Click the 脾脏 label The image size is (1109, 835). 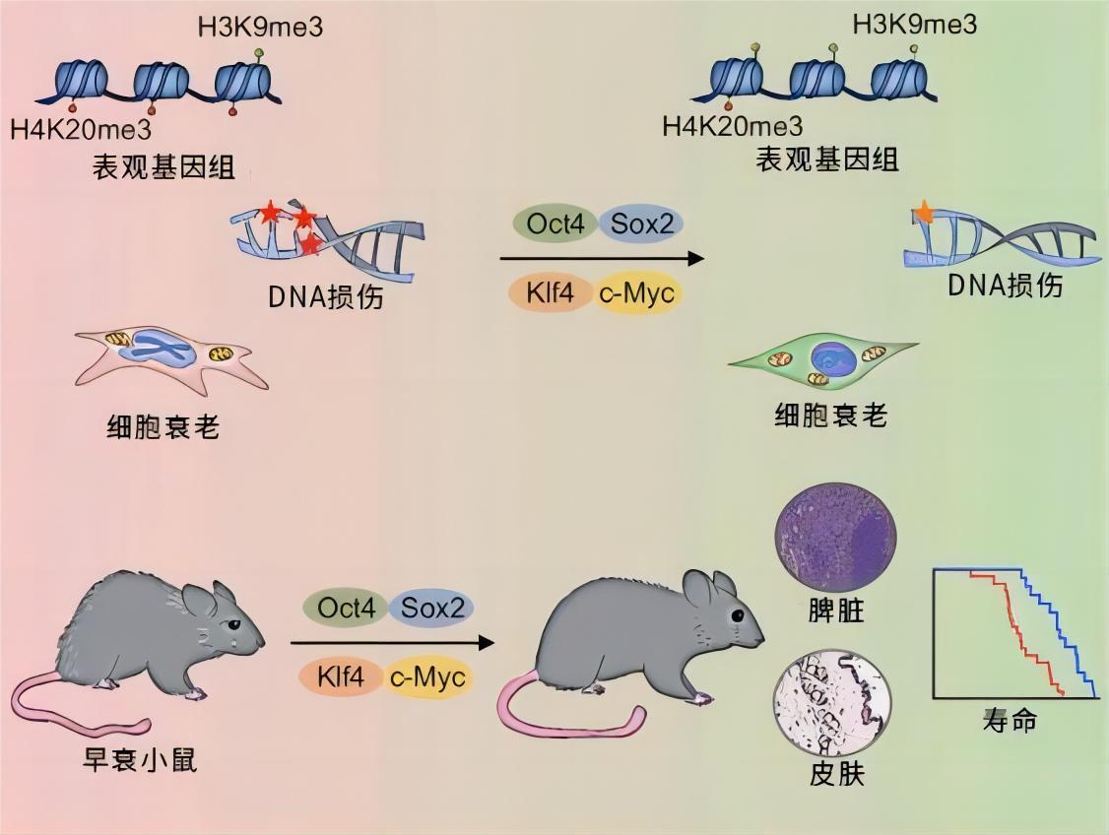[x=835, y=610]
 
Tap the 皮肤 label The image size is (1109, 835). [x=835, y=773]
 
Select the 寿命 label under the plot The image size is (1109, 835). [x=1010, y=720]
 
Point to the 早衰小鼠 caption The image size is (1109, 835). [x=140, y=759]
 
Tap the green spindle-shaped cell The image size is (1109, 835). [x=825, y=361]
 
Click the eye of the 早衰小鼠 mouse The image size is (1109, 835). [x=233, y=624]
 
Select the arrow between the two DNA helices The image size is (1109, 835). [x=602, y=259]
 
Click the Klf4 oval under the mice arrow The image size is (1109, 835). [x=341, y=677]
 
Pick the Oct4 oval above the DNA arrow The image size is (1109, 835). [x=554, y=225]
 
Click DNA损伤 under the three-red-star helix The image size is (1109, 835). [x=325, y=294]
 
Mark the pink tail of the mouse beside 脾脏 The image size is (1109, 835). [x=552, y=714]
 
